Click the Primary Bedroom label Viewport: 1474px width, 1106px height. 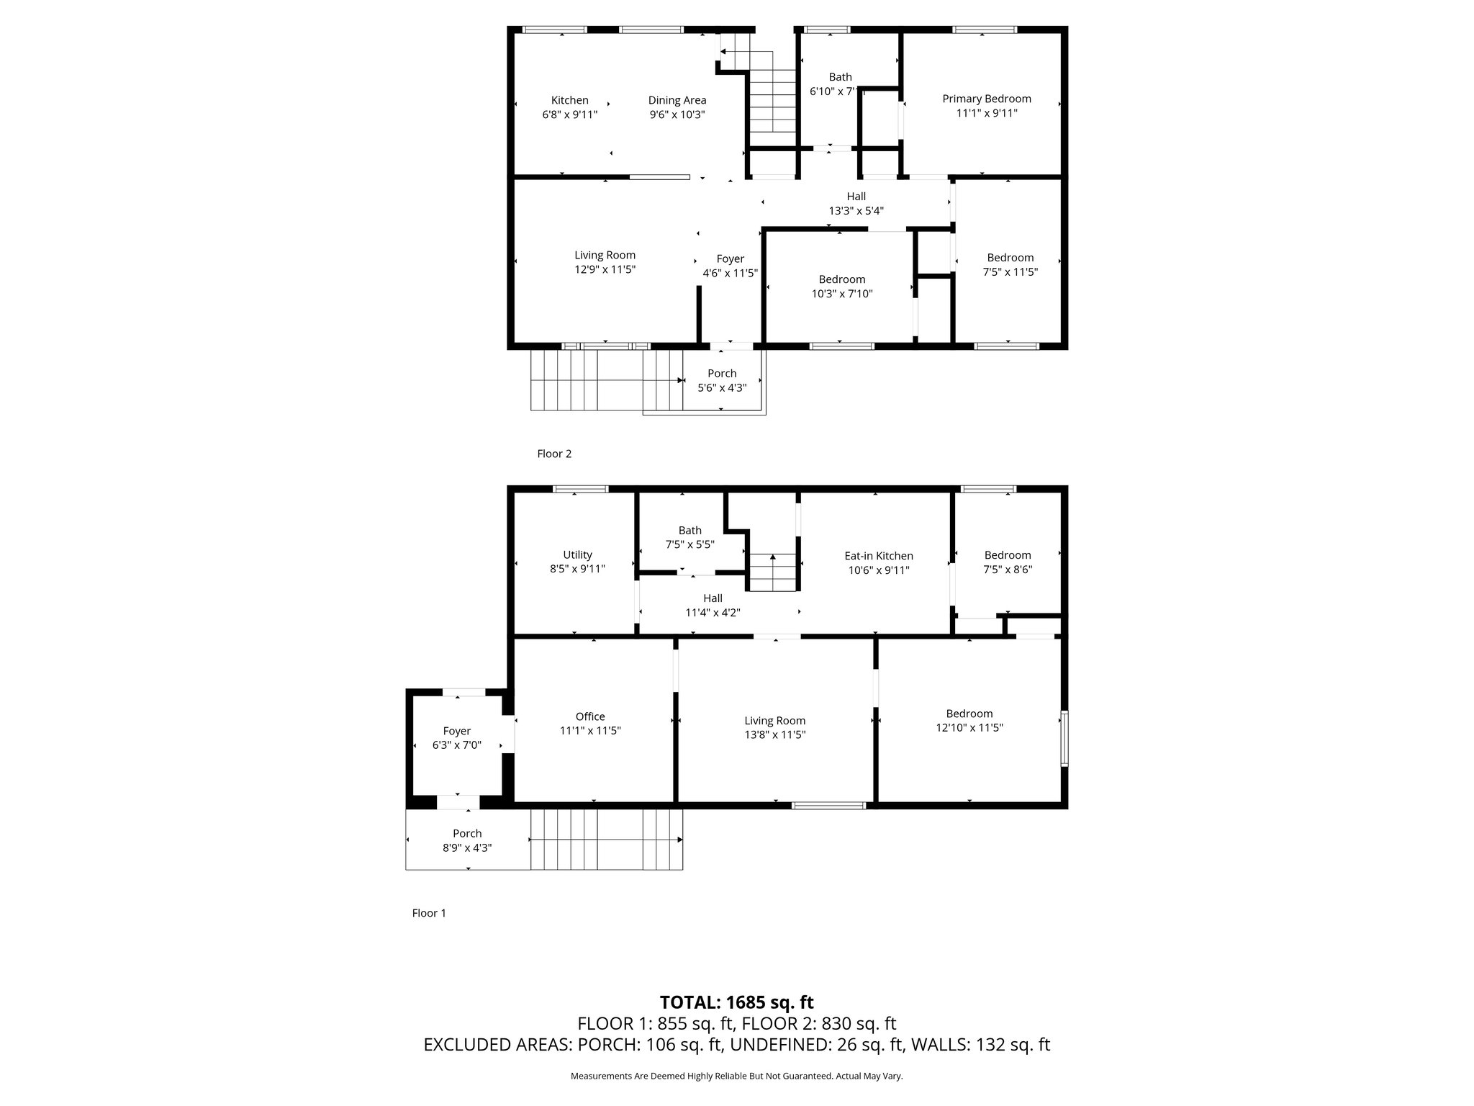pyautogui.click(x=986, y=99)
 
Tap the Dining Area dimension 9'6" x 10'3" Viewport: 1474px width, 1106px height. pyautogui.click(x=677, y=114)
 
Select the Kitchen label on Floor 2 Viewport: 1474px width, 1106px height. pyautogui.click(x=569, y=100)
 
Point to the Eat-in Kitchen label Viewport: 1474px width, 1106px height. pyautogui.click(x=878, y=556)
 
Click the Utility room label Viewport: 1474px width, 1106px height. pyautogui.click(x=577, y=554)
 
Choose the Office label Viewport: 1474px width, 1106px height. pyautogui.click(x=590, y=716)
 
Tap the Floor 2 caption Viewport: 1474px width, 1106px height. pyautogui.click(x=554, y=454)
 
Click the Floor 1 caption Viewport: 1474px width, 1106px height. pyautogui.click(x=429, y=913)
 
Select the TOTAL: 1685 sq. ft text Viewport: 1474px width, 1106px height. pyautogui.click(x=736, y=1002)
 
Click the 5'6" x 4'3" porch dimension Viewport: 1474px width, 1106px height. pyautogui.click(x=722, y=387)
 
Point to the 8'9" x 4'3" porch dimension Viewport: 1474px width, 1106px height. pyautogui.click(x=467, y=848)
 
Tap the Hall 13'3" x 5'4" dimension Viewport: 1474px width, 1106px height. pyautogui.click(x=856, y=211)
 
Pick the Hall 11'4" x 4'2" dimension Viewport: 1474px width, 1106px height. pyautogui.click(x=713, y=613)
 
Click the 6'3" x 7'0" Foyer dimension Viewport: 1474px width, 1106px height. pyautogui.click(x=456, y=745)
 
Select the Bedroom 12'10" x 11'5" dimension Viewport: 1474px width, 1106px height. pyautogui.click(x=969, y=728)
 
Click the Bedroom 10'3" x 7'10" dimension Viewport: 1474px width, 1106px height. pyautogui.click(x=841, y=294)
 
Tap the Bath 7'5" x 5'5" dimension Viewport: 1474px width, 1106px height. pyautogui.click(x=689, y=544)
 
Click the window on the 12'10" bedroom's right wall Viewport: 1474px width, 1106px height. pyautogui.click(x=1064, y=738)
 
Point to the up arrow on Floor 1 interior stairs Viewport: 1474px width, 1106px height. pyautogui.click(x=773, y=557)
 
